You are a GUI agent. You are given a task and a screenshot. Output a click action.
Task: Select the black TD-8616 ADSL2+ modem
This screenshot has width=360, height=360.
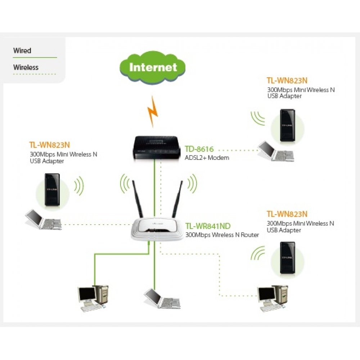point(154,148)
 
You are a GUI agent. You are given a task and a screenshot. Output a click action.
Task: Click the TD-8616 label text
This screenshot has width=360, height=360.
point(199,149)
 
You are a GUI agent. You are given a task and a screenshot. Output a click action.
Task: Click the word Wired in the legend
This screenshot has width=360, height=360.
point(22,51)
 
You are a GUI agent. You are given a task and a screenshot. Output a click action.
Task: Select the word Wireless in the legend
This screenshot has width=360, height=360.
point(26,67)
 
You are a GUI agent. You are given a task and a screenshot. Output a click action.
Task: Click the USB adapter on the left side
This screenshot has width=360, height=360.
point(52,190)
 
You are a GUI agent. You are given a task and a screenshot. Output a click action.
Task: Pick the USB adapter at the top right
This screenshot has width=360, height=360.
point(288,125)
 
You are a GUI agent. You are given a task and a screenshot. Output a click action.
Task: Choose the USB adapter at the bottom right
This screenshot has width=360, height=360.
point(288,258)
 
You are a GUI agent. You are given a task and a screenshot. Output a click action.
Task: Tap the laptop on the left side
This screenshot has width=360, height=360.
point(42,220)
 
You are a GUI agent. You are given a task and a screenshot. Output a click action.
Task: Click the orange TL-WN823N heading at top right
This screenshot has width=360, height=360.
point(287,80)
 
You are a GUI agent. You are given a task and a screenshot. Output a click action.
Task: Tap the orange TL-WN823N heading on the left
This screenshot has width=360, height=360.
point(49,145)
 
